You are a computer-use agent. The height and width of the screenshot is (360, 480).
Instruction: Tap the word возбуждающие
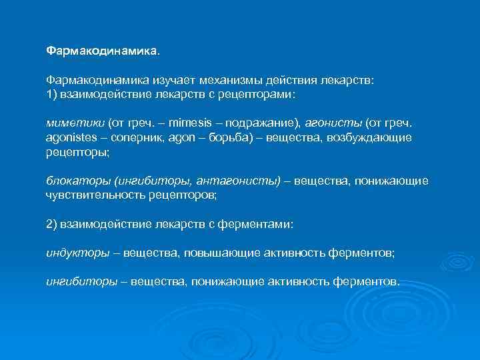click(x=373, y=137)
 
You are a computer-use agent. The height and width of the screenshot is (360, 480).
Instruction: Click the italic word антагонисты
click(x=239, y=181)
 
